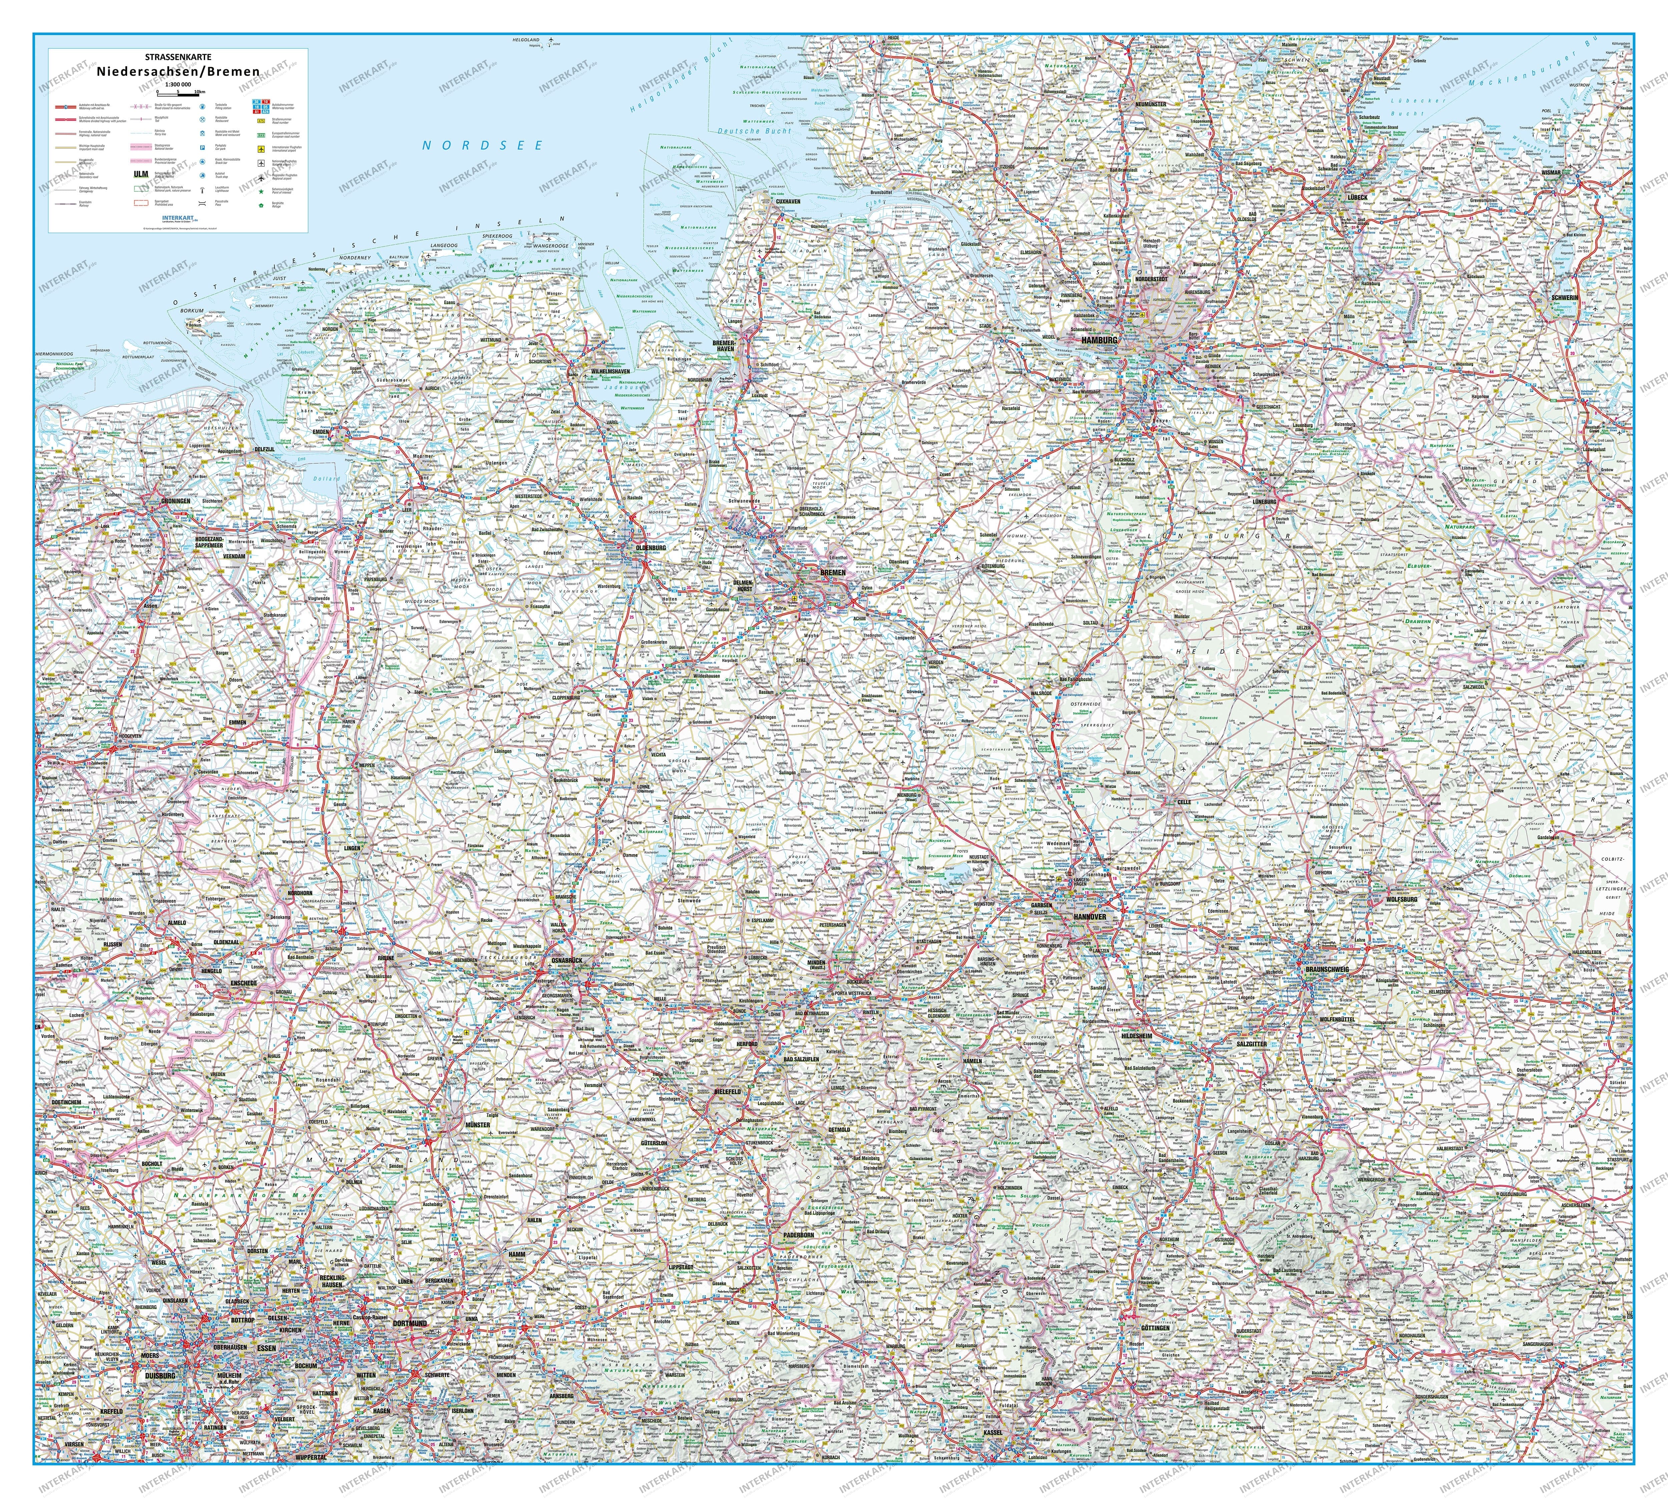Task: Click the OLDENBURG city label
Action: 651,547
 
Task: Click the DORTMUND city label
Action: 409,1324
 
